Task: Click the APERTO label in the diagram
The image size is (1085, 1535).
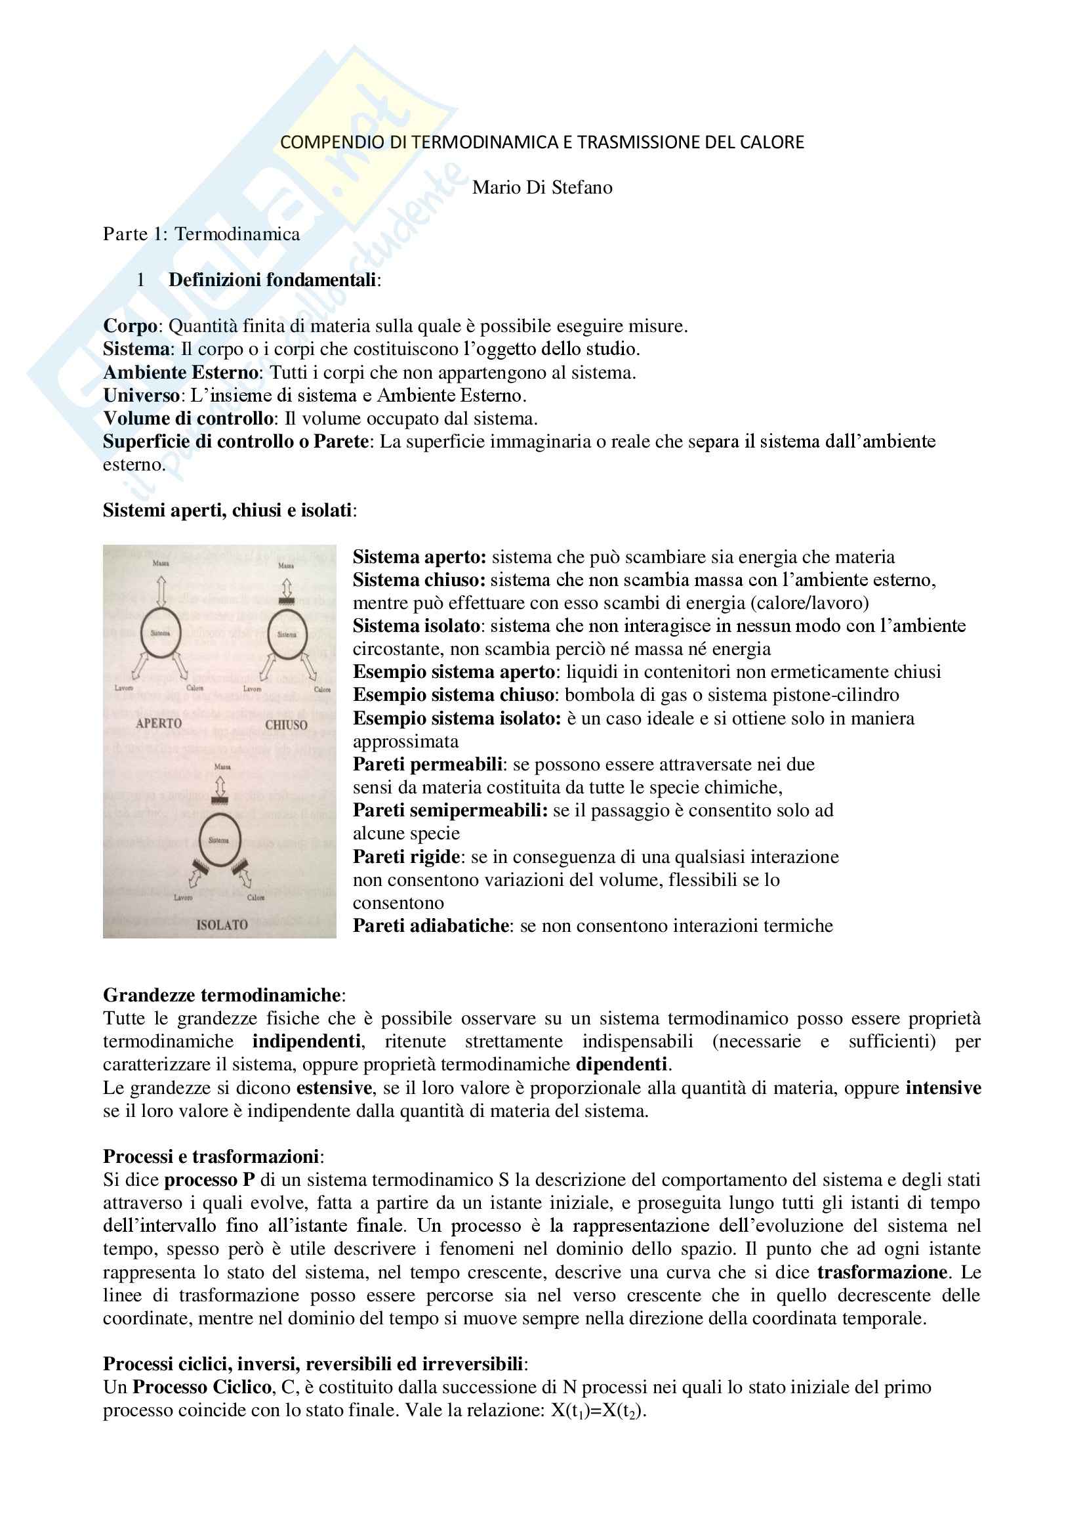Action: tap(158, 723)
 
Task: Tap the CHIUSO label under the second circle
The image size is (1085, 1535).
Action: tap(286, 725)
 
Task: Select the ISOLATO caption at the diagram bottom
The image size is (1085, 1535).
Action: tap(222, 925)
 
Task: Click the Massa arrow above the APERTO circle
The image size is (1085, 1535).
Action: tap(160, 591)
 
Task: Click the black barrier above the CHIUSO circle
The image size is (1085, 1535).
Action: tap(287, 602)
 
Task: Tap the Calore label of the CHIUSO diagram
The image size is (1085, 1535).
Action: tap(322, 689)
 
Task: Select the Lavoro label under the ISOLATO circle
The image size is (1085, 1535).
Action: tap(182, 898)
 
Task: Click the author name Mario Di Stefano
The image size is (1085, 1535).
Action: tap(542, 187)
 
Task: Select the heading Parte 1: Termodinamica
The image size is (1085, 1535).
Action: tap(201, 234)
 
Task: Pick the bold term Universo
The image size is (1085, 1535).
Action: tap(141, 395)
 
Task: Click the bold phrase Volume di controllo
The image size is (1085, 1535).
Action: tap(188, 419)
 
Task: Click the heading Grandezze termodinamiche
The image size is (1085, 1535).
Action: tap(222, 995)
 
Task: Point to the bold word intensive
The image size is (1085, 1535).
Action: tap(943, 1087)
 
